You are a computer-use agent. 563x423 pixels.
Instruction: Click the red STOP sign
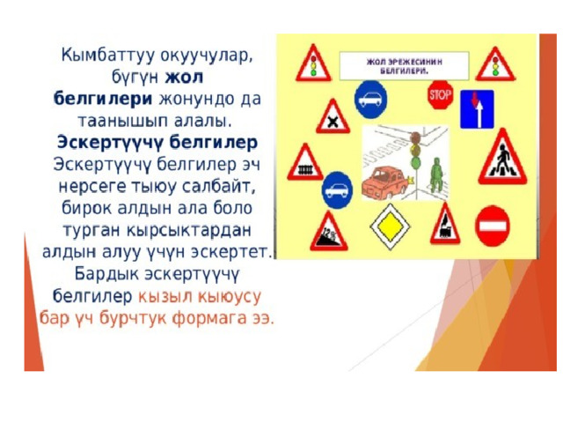(x=440, y=95)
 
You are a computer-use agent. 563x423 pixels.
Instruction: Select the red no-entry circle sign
(x=493, y=226)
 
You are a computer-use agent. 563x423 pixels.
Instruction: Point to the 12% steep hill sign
(x=328, y=233)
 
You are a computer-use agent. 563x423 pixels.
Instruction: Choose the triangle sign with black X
(x=333, y=118)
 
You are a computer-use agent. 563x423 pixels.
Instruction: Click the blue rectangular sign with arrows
(x=477, y=109)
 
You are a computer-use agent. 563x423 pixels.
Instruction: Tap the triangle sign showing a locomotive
(x=445, y=226)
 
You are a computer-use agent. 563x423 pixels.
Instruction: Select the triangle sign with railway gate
(x=305, y=164)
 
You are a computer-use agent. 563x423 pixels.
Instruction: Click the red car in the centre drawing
(x=385, y=182)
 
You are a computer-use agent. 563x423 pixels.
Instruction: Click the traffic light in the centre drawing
(x=416, y=151)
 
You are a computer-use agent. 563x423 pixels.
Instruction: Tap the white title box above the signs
(x=405, y=66)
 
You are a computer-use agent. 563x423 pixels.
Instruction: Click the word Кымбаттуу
(x=108, y=56)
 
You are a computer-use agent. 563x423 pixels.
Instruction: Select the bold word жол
(x=184, y=77)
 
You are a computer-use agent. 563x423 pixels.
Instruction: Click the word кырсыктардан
(x=188, y=231)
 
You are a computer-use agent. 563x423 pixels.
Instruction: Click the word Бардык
(x=106, y=274)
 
